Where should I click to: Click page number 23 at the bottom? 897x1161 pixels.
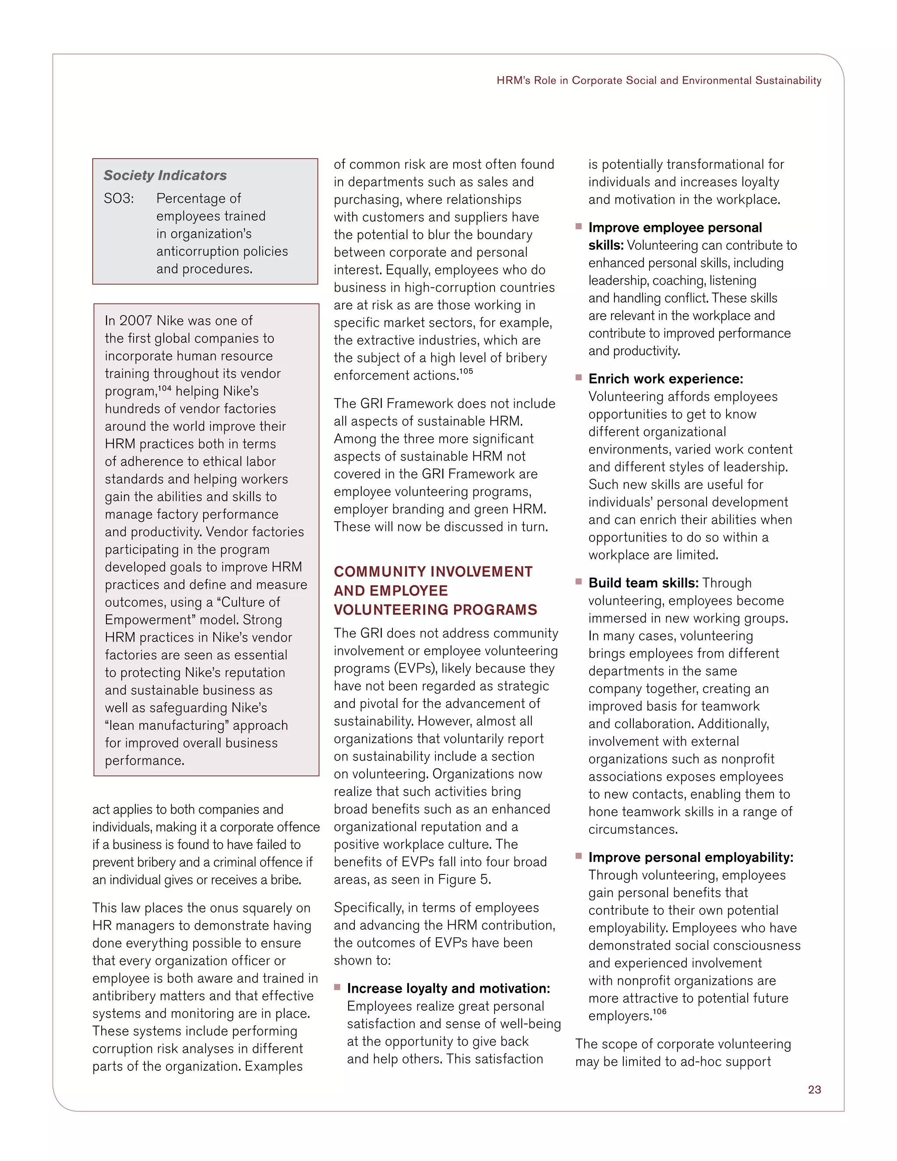814,1090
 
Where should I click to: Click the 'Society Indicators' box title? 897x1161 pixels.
165,175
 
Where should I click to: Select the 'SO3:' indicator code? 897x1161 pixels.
119,199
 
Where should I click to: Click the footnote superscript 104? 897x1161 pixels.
165,389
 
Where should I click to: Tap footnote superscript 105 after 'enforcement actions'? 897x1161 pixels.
466,372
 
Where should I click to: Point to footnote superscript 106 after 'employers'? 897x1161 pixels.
660,1012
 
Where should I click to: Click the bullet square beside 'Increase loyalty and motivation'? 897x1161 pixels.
337,987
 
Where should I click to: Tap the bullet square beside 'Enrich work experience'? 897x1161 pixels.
579,377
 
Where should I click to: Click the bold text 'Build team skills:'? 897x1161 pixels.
643,583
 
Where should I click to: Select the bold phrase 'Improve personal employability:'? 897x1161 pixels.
690,857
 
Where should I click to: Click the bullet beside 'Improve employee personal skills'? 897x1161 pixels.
579,227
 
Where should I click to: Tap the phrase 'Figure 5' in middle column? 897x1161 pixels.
463,880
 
